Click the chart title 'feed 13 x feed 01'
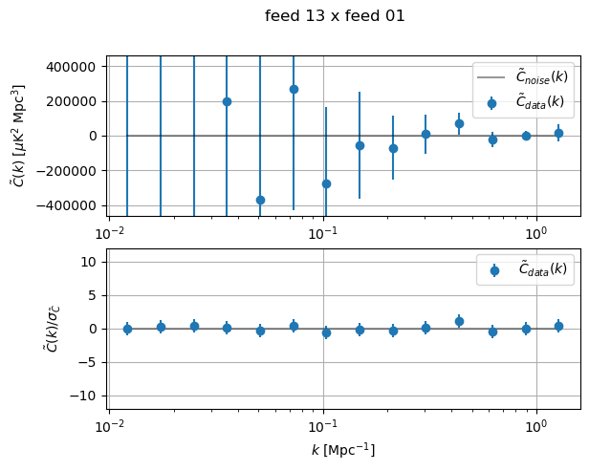[335, 16]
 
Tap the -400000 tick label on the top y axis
[71, 205]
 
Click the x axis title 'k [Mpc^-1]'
[343, 450]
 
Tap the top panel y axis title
[18, 135]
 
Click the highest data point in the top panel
[294, 89]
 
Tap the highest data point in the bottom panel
[459, 321]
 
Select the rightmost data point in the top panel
[558, 133]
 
